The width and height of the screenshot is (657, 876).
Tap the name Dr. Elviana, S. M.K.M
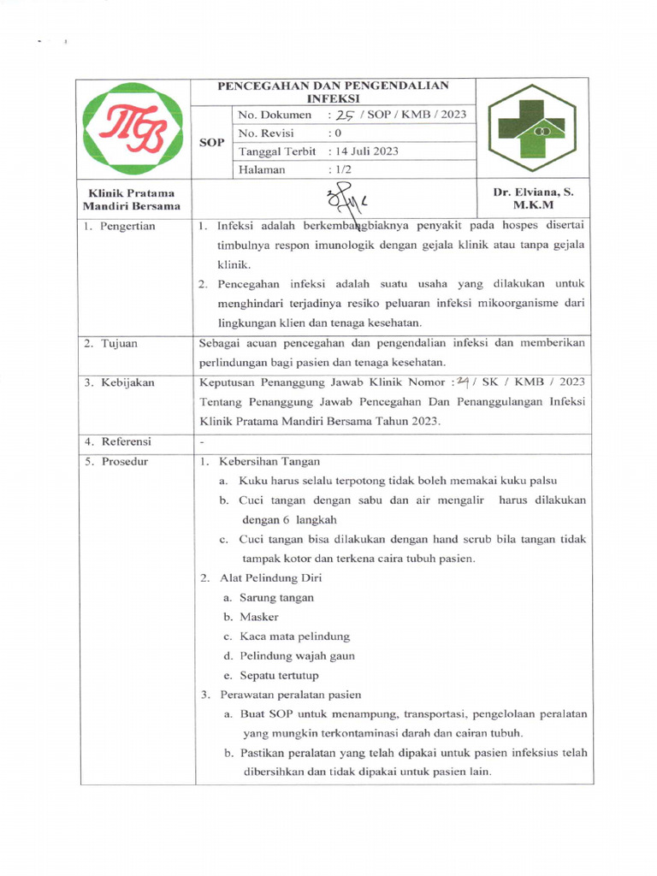[533, 198]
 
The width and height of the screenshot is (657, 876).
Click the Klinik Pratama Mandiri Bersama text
[131, 199]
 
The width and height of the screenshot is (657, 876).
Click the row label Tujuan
[112, 344]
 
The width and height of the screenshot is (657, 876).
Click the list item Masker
[258, 617]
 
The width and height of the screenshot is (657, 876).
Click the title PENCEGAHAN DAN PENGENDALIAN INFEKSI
[333, 92]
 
